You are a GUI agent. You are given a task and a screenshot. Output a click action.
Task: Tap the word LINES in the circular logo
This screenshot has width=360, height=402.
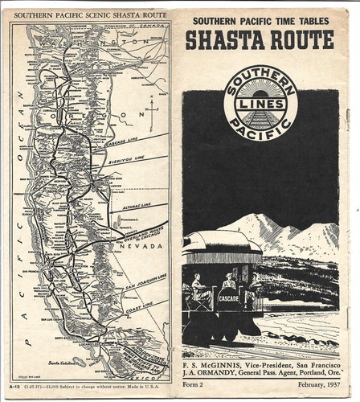coord(260,100)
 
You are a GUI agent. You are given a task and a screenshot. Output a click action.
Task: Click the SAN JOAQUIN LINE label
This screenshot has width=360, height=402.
coord(143,279)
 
